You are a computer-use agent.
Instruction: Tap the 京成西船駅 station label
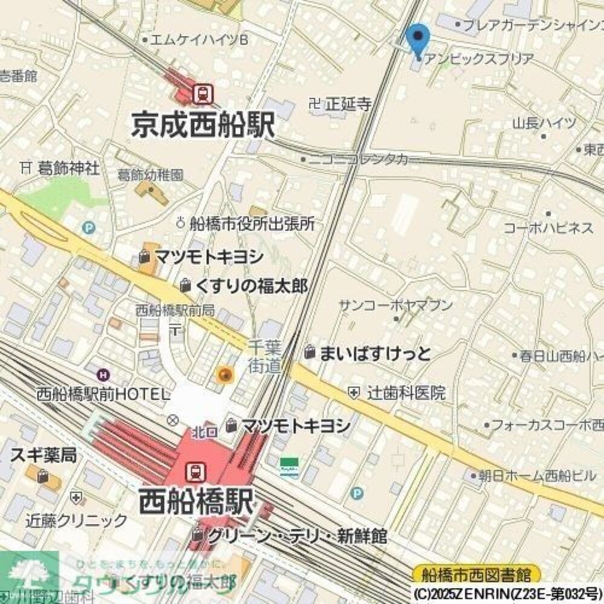(x=203, y=126)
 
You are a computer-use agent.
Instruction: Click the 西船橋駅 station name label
(x=196, y=501)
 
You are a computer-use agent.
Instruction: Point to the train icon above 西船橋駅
(x=195, y=470)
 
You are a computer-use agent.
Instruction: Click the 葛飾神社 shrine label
(x=67, y=167)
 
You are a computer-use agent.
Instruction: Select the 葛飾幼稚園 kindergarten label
(x=150, y=176)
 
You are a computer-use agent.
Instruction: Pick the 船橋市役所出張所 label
(x=252, y=223)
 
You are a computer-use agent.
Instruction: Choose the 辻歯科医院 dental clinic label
(x=406, y=393)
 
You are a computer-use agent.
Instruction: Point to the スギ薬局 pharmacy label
(x=43, y=455)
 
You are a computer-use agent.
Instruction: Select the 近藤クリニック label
(x=77, y=521)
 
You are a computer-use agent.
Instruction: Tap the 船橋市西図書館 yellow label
(x=477, y=573)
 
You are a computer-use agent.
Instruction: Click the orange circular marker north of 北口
(x=225, y=375)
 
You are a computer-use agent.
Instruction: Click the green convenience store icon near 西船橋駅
(x=289, y=466)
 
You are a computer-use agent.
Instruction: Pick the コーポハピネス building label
(x=548, y=228)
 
